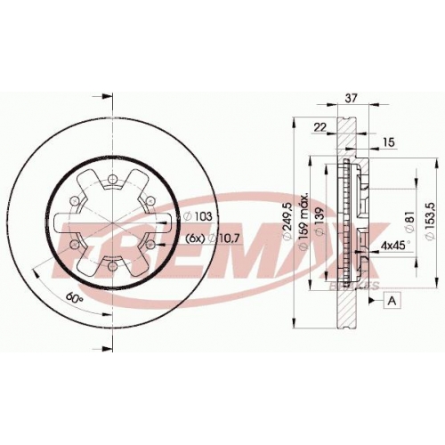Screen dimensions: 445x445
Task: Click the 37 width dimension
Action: pos(351,98)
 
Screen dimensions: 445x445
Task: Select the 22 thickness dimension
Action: pos(320,127)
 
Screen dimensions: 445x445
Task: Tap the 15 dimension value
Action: pos(389,142)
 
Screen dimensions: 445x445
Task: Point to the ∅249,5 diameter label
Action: pos(287,220)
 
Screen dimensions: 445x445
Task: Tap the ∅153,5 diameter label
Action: pos(430,221)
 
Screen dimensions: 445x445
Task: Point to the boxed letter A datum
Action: pos(392,301)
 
